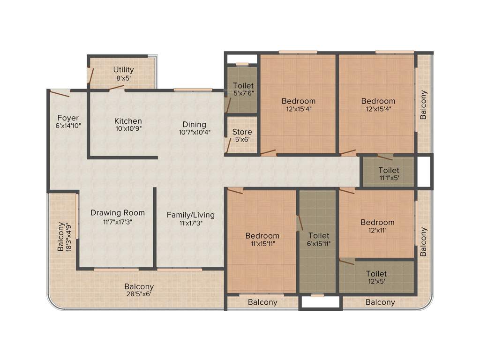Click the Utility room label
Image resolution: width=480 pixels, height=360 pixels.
point(123,70)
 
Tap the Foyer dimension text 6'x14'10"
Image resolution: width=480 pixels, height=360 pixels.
point(68,126)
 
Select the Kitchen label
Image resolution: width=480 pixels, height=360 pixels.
point(128,121)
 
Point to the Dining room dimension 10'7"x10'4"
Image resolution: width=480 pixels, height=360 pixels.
point(195,132)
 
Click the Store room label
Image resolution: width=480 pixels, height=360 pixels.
point(242,132)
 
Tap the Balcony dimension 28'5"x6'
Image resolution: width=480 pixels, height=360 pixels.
point(139,294)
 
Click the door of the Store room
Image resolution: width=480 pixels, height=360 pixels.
point(228,146)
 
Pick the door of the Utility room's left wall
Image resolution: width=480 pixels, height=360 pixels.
point(91,75)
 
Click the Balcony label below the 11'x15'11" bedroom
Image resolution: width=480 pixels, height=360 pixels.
point(262,302)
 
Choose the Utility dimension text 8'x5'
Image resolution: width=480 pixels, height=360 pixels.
point(123,78)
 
